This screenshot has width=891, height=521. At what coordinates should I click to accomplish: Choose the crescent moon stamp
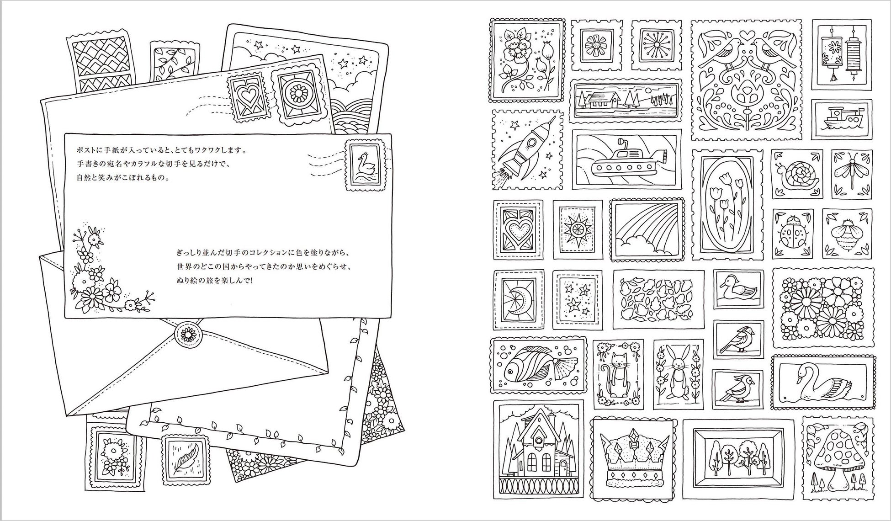pos(518,298)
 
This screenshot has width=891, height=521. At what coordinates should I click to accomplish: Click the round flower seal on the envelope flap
pos(187,335)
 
